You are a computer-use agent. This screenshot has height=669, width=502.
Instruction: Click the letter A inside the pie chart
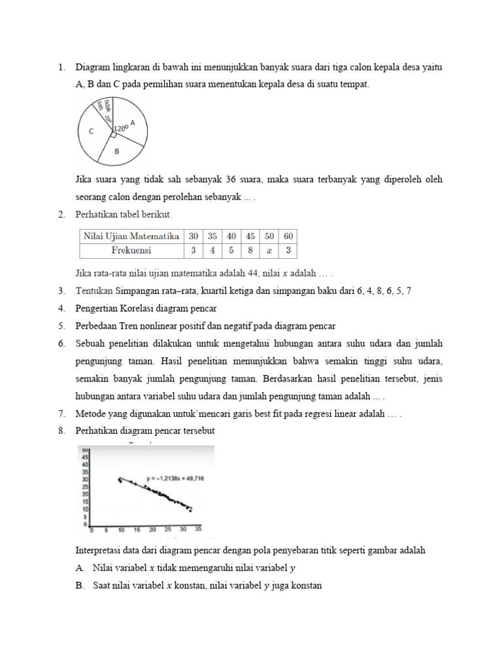pos(133,122)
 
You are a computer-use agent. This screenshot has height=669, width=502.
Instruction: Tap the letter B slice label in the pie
pos(116,151)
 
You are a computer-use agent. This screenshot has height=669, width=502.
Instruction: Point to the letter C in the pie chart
pos(91,131)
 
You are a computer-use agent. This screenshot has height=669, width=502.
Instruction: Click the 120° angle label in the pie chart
pos(121,129)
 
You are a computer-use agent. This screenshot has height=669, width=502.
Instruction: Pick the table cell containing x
pos(269,250)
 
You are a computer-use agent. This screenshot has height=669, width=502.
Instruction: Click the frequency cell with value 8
pos(249,250)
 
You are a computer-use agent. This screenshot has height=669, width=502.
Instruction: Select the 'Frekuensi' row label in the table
pos(129,250)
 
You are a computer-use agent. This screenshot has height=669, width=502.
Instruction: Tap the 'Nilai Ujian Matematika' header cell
pos(129,236)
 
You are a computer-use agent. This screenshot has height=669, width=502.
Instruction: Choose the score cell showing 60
pos(289,236)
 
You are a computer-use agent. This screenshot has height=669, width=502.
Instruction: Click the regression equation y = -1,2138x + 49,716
pos(175,479)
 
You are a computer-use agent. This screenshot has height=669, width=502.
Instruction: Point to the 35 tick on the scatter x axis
pos(198,529)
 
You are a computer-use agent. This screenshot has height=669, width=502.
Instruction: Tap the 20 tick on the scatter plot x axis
pos(152,529)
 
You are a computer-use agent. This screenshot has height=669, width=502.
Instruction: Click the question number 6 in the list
pos(61,343)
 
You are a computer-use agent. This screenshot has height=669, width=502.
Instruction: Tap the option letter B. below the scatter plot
pos(79,586)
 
